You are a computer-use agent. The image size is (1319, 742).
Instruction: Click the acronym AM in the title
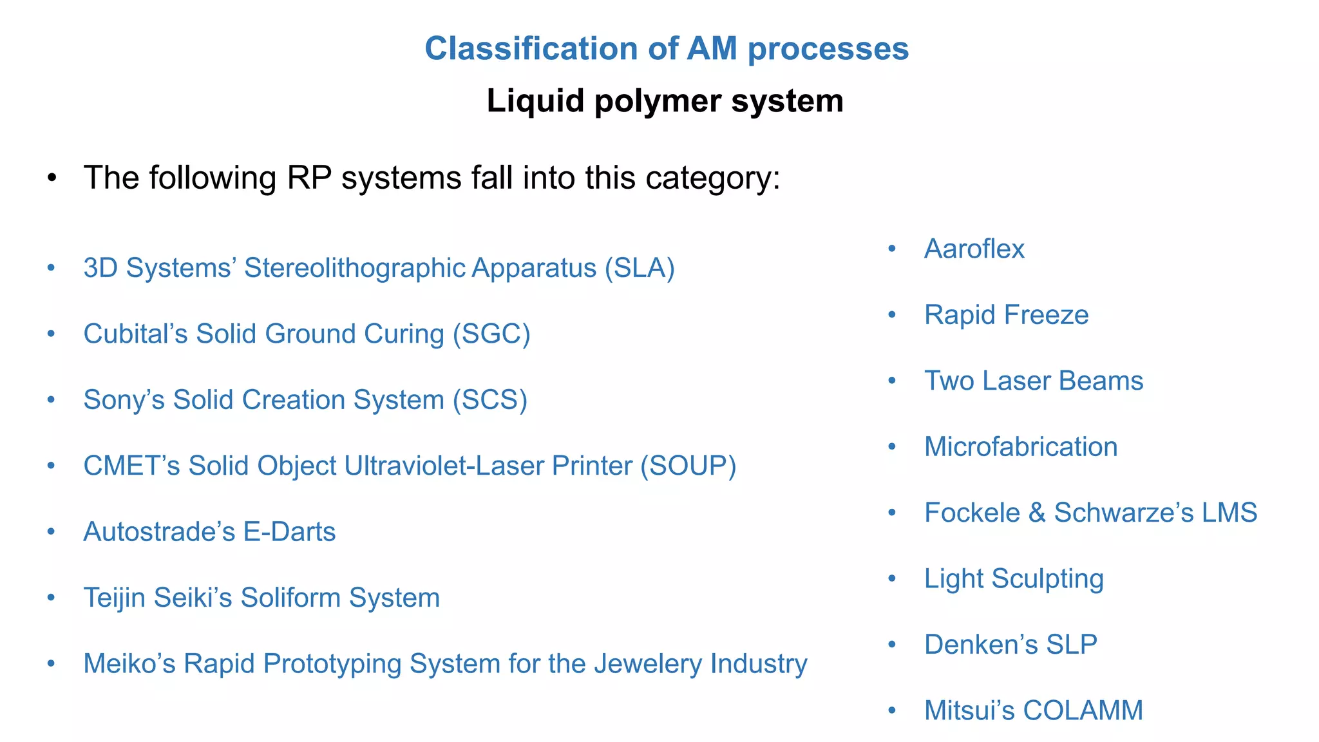point(712,49)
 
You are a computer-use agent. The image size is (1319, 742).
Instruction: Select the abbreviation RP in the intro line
point(309,178)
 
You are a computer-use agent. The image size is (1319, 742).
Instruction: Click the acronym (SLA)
point(640,268)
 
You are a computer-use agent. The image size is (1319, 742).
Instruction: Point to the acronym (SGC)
point(491,334)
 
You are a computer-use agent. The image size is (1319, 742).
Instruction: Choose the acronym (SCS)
point(489,400)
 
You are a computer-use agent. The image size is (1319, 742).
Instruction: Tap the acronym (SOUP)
point(688,466)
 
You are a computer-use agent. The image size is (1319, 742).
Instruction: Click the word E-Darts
point(289,532)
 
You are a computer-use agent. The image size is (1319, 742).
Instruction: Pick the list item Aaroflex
point(974,249)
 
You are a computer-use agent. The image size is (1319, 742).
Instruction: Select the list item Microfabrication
point(1021,447)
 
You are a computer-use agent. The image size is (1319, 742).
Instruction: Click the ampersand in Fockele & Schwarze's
point(1037,513)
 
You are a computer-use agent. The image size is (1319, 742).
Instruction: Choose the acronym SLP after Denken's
point(1072,645)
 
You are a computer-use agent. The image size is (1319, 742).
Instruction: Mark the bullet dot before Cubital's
point(51,334)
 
